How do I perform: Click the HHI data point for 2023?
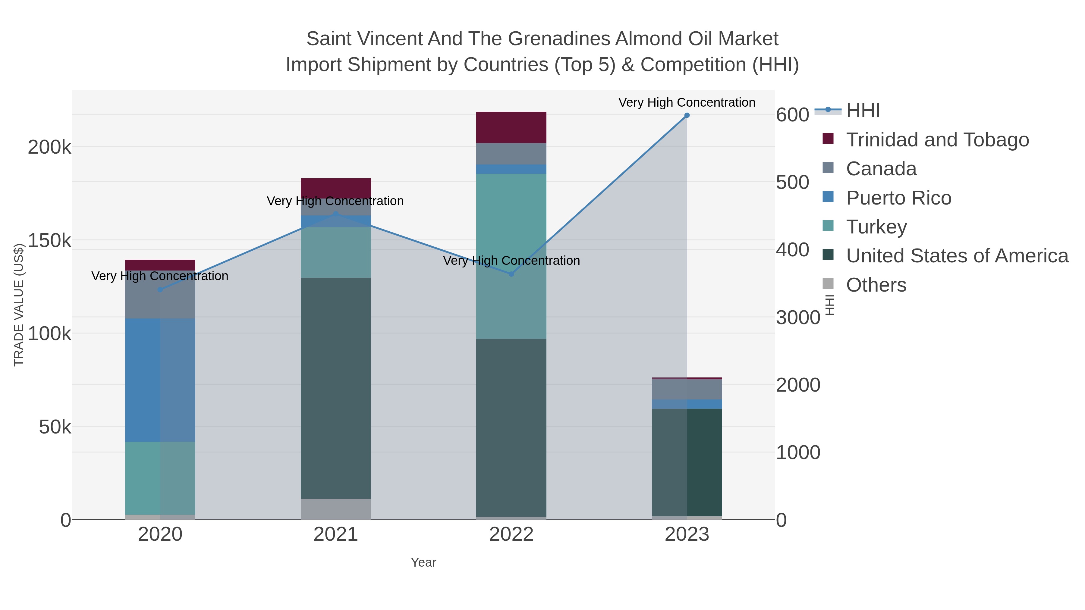(687, 115)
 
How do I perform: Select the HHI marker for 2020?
(160, 289)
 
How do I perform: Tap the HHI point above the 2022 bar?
(511, 274)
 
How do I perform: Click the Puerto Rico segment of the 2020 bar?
(160, 380)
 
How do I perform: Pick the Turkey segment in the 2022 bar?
(511, 256)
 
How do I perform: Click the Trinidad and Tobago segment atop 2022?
(511, 127)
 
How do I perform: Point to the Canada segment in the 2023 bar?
(687, 389)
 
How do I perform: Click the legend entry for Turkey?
(876, 227)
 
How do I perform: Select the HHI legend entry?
(863, 111)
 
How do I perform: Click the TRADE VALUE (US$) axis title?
(19, 305)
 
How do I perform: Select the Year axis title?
(423, 562)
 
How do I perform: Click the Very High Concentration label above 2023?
(687, 102)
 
